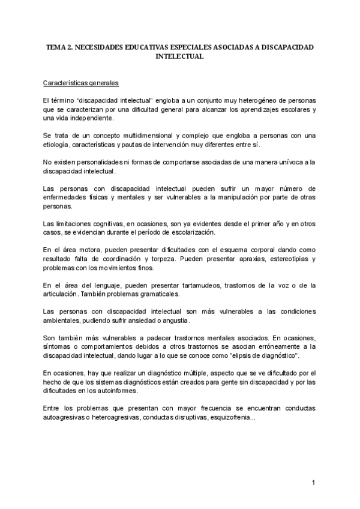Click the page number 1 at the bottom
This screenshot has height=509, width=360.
click(313, 483)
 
